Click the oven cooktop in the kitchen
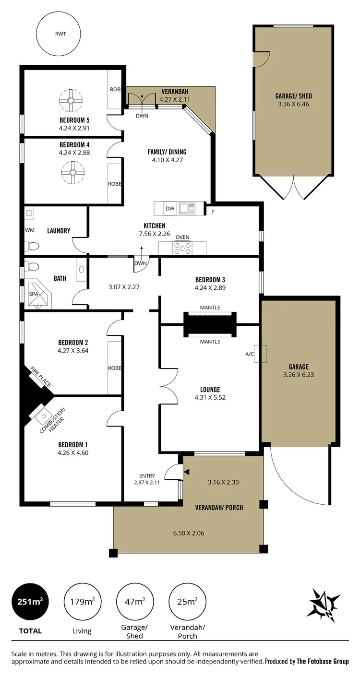tap(182, 248)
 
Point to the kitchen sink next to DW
tap(187, 208)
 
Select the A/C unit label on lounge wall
tap(250, 354)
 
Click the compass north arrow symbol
tap(325, 603)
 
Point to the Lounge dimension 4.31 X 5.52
tap(210, 397)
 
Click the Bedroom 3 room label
tap(210, 280)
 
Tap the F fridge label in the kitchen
tap(212, 211)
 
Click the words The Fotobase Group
tap(323, 661)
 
